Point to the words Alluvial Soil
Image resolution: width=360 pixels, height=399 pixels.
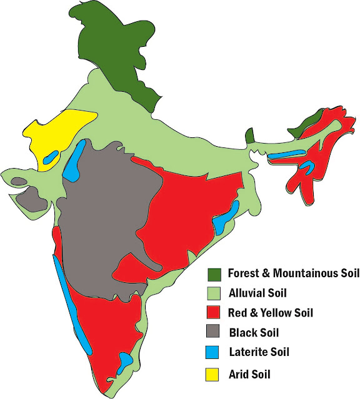257,292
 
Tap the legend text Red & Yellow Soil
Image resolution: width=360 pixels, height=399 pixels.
271,312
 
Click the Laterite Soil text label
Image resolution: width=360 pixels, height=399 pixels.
259,352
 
